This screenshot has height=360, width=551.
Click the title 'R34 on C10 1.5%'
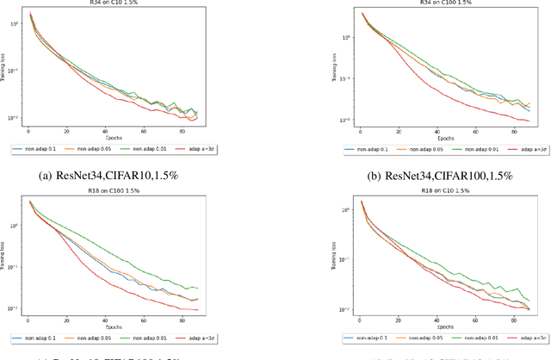(111, 3)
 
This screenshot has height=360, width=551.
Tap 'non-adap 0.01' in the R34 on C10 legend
(142, 148)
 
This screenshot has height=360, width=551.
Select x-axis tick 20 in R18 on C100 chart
(67, 317)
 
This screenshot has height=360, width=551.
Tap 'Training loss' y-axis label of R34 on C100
(333, 69)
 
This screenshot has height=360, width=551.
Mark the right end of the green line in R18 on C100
(197, 288)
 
